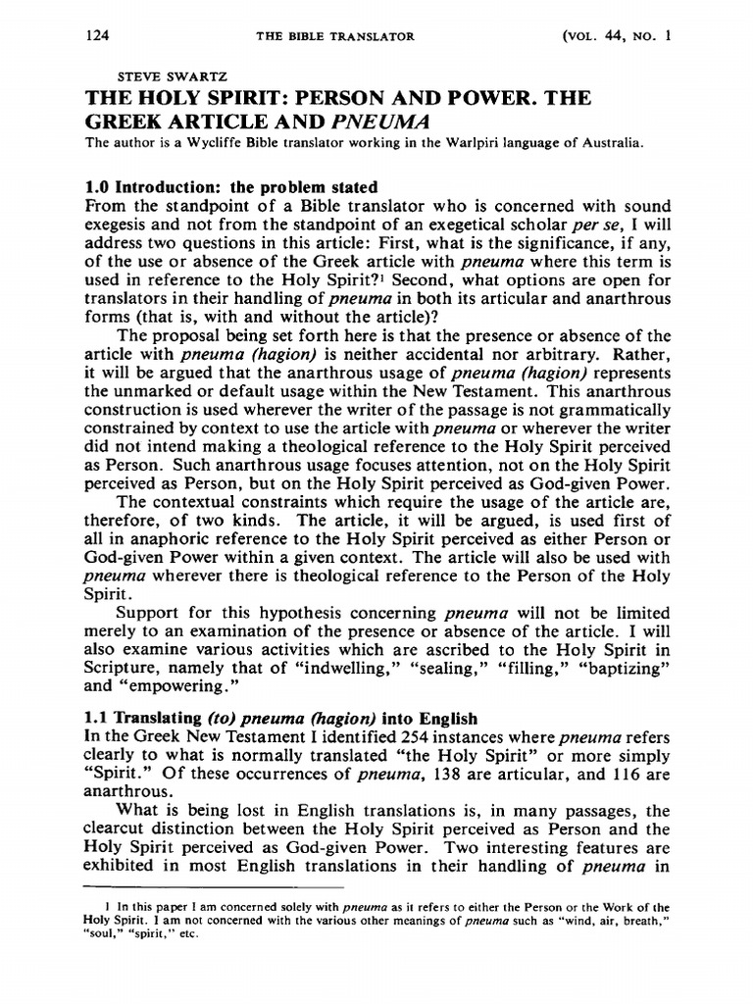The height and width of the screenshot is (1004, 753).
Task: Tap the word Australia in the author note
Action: click(609, 144)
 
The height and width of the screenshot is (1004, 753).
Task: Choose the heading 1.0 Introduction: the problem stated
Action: click(231, 187)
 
